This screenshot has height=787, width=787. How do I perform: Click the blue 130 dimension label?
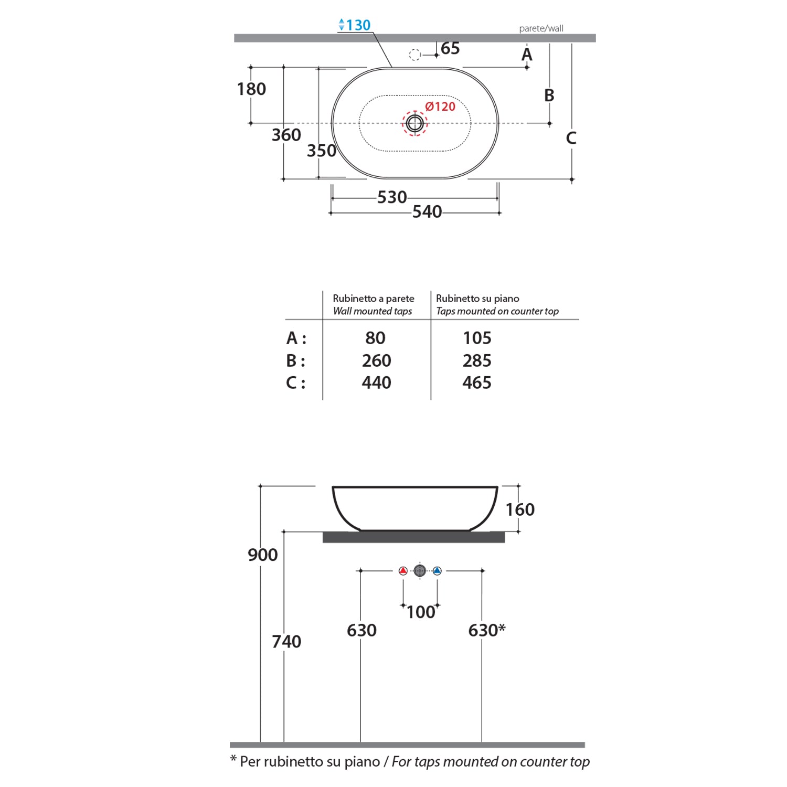tap(355, 25)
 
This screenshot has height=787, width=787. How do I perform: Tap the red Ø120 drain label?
tap(440, 107)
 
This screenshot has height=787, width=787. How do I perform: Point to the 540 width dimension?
tap(427, 212)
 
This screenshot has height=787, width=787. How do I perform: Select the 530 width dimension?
tap(392, 197)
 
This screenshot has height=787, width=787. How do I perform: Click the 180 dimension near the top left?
tap(251, 89)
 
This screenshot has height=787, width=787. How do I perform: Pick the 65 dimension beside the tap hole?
tap(450, 48)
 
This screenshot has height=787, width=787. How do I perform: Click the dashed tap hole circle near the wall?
tap(414, 55)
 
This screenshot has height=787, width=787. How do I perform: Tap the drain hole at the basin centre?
tap(415, 123)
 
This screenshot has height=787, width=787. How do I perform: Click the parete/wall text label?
tap(541, 28)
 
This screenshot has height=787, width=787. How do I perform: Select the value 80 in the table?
tap(376, 338)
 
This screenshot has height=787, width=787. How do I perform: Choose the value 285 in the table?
tap(477, 360)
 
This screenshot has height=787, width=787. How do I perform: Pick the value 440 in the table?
tap(376, 382)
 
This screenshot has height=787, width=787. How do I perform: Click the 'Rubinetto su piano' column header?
tap(477, 299)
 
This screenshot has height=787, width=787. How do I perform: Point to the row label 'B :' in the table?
tap(295, 361)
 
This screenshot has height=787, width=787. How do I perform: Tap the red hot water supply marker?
tap(403, 571)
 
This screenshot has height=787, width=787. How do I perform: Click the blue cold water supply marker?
tap(437, 571)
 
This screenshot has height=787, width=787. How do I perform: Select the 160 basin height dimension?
tap(520, 509)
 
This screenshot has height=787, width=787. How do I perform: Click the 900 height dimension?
tap(263, 555)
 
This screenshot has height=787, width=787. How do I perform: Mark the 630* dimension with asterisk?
tap(487, 630)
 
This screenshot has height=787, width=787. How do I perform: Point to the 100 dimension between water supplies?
tap(421, 612)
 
